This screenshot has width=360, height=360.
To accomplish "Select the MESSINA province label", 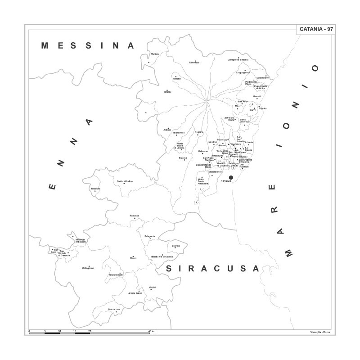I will [x=88, y=45].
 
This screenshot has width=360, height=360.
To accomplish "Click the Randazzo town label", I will [x=194, y=62].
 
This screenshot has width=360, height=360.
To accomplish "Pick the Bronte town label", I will [x=168, y=92].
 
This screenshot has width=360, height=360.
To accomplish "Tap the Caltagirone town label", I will [x=88, y=268].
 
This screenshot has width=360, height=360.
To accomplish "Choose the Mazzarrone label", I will [x=114, y=309].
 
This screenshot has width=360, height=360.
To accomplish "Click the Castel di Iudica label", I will [x=125, y=181].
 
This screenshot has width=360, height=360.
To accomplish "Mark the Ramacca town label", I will [x=135, y=216].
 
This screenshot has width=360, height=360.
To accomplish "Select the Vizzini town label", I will [x=152, y=287].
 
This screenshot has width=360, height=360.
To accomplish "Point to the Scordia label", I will [x=175, y=246].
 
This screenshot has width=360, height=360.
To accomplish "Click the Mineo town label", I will [x=133, y=259].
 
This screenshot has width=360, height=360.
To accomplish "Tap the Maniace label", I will [x=155, y=54].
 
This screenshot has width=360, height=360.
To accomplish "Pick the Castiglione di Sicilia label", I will [x=238, y=60].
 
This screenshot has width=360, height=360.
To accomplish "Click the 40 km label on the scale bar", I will [x=152, y=331].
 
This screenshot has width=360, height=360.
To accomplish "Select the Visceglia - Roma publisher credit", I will [x=320, y=332].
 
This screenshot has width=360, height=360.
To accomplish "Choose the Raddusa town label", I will [x=95, y=189].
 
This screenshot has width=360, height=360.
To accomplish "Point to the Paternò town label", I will [x=183, y=158].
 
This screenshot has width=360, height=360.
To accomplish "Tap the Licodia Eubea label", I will [x=135, y=293].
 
